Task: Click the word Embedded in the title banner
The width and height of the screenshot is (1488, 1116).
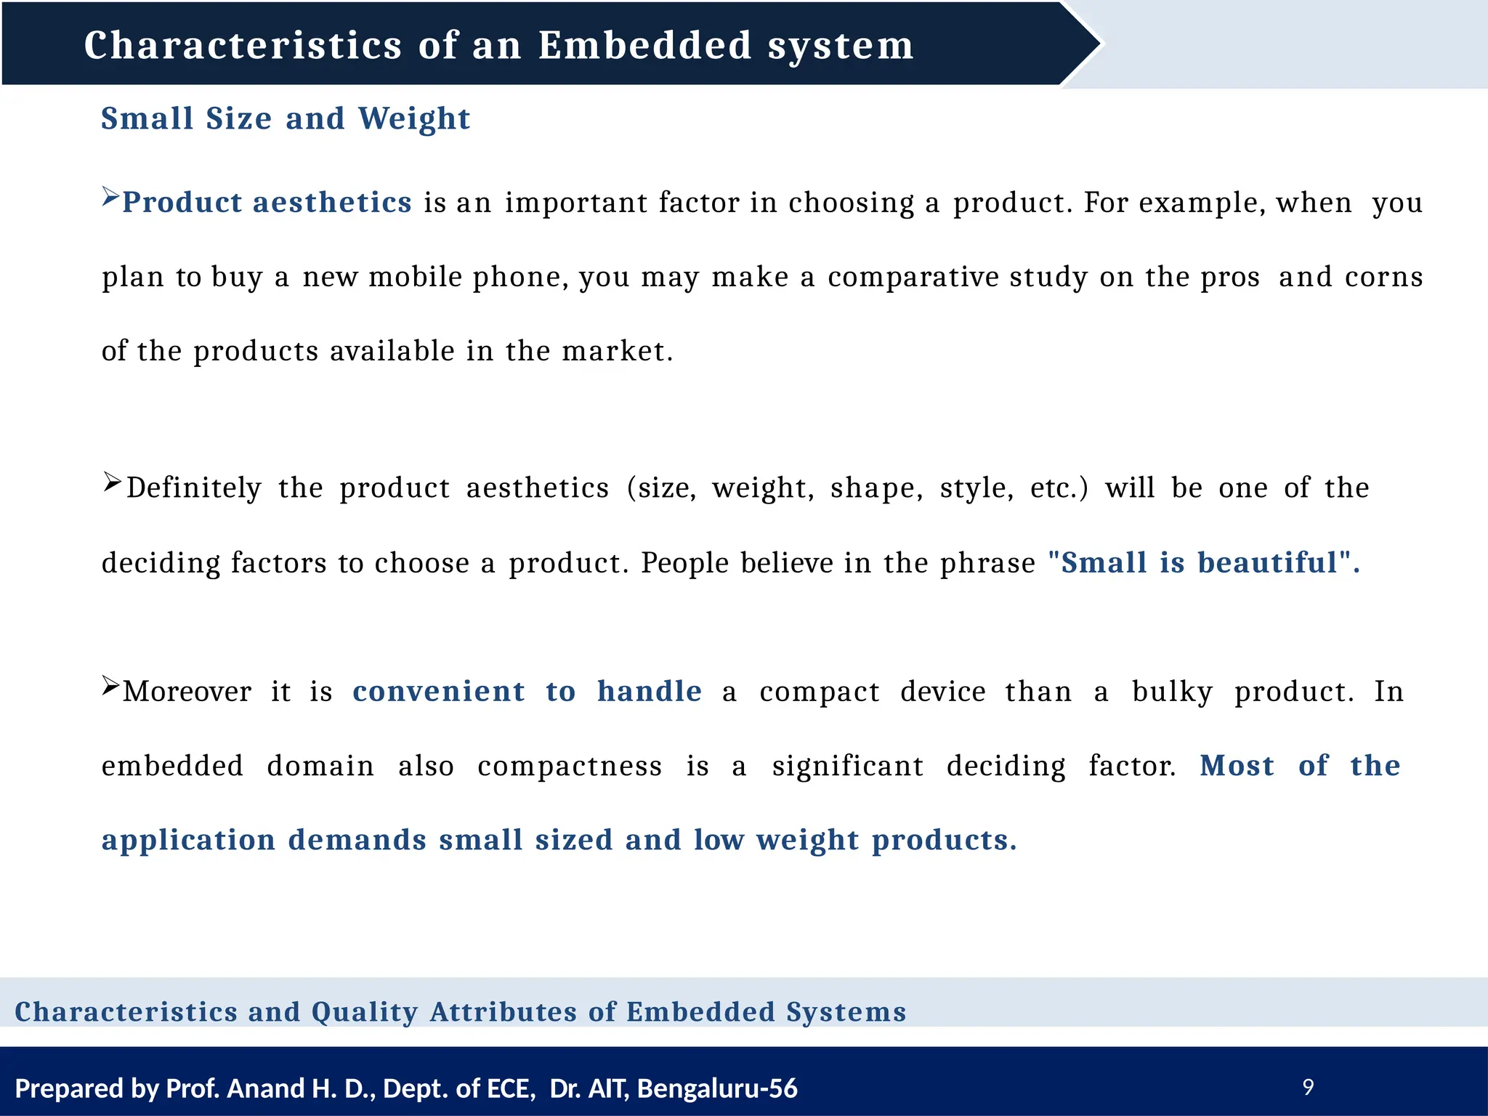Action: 644,45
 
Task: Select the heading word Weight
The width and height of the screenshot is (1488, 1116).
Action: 414,119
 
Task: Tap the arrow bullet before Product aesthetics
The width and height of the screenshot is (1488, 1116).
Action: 110,196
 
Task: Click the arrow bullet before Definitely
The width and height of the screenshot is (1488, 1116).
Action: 112,482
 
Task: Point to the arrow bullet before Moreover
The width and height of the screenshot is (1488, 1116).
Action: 110,685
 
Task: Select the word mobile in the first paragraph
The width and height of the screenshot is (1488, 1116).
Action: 415,278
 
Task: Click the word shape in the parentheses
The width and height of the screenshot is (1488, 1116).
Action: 876,488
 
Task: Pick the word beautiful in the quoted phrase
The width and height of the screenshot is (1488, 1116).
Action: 1267,563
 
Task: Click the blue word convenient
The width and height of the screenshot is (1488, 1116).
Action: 438,692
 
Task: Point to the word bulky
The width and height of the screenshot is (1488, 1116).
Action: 1172,692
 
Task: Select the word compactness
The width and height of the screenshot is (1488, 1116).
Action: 570,767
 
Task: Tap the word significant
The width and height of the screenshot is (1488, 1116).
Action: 848,767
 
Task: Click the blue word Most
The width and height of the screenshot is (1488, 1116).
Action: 1237,766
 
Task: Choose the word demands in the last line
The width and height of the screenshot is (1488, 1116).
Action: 357,841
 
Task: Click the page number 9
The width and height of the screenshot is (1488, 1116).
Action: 1308,1088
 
